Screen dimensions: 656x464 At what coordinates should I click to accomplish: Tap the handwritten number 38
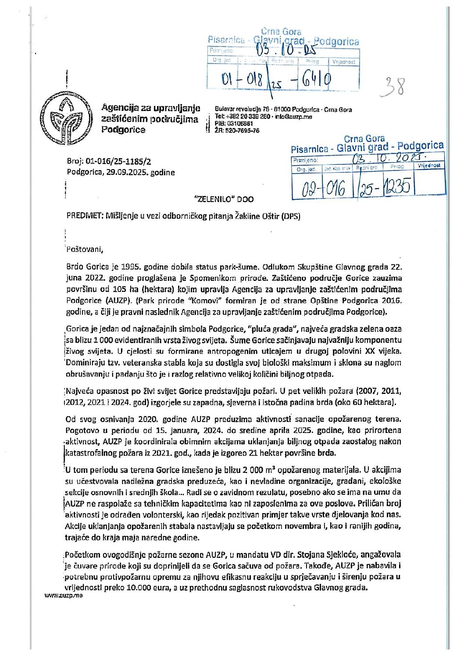(x=393, y=87)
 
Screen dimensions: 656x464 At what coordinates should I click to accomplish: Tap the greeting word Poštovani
(x=84, y=250)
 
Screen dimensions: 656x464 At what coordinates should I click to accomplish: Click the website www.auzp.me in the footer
(x=64, y=596)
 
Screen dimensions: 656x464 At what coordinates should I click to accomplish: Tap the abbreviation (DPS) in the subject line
(x=291, y=216)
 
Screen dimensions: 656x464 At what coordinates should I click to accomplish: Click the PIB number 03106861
(x=240, y=124)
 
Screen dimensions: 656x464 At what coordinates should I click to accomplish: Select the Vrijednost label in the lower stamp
(x=429, y=166)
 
